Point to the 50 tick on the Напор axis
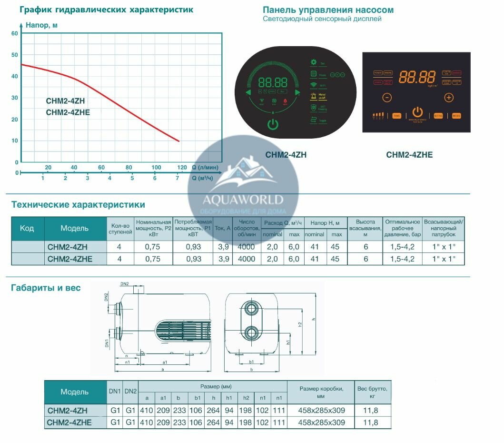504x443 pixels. click(15, 55)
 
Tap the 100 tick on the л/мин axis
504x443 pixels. click(156, 167)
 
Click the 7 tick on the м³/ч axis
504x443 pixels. click(177, 178)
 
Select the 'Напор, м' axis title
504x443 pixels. click(42, 25)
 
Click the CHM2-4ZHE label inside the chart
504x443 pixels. click(68, 112)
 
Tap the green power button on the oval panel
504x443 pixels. click(272, 125)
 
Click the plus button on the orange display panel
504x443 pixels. click(448, 98)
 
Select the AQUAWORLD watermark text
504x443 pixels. click(243, 200)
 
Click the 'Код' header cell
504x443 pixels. click(27, 228)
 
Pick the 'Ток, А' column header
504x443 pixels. click(223, 228)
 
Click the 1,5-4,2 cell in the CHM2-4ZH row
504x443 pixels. click(402, 247)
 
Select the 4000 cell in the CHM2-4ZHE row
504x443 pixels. click(246, 259)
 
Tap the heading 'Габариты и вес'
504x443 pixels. click(46, 288)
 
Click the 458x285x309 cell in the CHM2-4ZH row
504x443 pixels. click(321, 410)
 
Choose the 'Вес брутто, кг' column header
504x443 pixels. click(375, 392)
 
